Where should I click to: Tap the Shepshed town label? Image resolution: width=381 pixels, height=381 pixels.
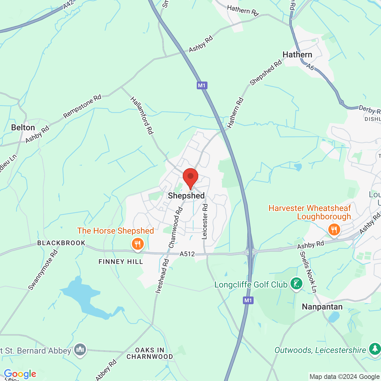click(x=186, y=196)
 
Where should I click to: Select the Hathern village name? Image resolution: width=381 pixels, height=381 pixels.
click(x=297, y=55)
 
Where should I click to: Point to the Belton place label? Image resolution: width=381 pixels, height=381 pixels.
click(x=23, y=128)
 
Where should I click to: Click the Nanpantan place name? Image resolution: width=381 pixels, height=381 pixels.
click(x=322, y=307)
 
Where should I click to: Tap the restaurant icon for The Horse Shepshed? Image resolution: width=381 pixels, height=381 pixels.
click(x=138, y=244)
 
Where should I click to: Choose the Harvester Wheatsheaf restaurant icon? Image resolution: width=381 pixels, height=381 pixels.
click(x=334, y=230)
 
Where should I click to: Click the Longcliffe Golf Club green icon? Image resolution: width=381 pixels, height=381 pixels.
click(x=296, y=284)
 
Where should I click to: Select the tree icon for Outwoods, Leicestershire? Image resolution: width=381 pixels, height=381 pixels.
click(x=374, y=349)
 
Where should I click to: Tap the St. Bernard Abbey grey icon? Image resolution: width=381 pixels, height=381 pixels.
click(x=80, y=349)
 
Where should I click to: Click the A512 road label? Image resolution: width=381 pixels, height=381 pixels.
click(x=187, y=254)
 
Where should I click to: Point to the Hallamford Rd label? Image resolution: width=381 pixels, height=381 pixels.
click(x=142, y=115)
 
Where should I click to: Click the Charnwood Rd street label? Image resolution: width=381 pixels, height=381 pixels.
click(x=175, y=228)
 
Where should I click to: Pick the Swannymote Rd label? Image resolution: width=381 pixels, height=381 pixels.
click(x=43, y=270)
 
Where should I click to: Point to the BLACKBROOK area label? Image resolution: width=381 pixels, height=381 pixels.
click(x=61, y=243)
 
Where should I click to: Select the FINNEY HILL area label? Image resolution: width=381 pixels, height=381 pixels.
click(x=121, y=262)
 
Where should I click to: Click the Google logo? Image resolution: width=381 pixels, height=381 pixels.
click(x=20, y=374)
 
